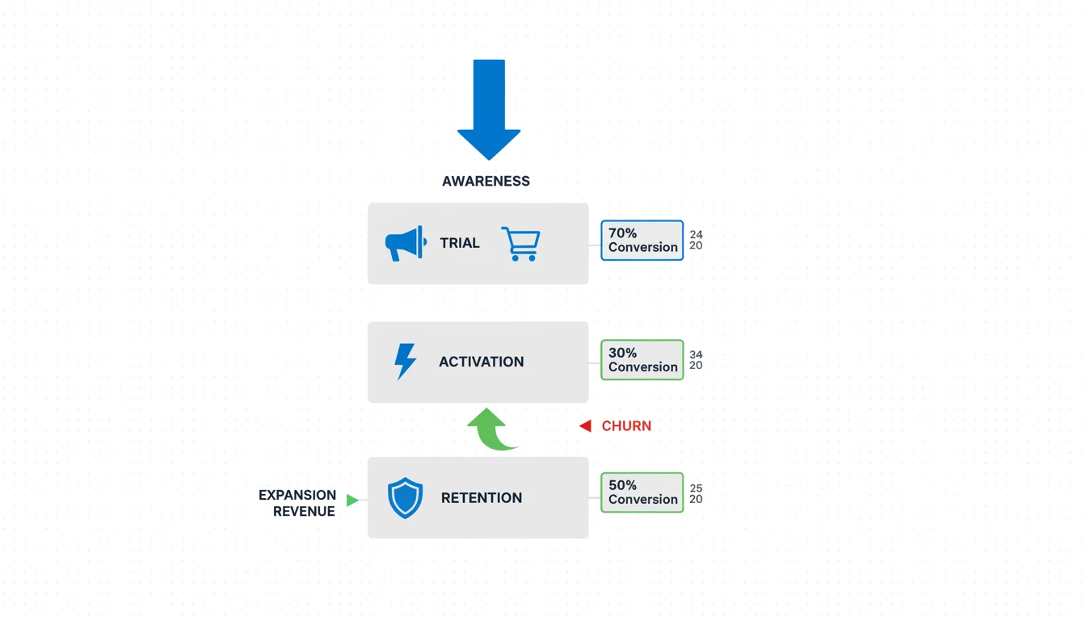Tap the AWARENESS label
(486, 181)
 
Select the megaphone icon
(405, 243)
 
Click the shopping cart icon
(520, 243)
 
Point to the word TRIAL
(460, 243)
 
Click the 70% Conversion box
(642, 241)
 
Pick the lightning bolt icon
(405, 362)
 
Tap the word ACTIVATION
(481, 362)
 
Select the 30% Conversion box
(642, 360)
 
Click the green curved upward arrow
(491, 429)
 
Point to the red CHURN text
(626, 426)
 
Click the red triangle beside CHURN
(586, 426)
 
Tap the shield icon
(405, 498)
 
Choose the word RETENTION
(481, 498)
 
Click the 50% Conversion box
(642, 492)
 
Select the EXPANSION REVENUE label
(297, 503)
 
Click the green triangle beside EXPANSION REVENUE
(352, 501)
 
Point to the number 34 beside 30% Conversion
(696, 354)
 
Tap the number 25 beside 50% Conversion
(696, 488)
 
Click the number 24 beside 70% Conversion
(696, 235)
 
